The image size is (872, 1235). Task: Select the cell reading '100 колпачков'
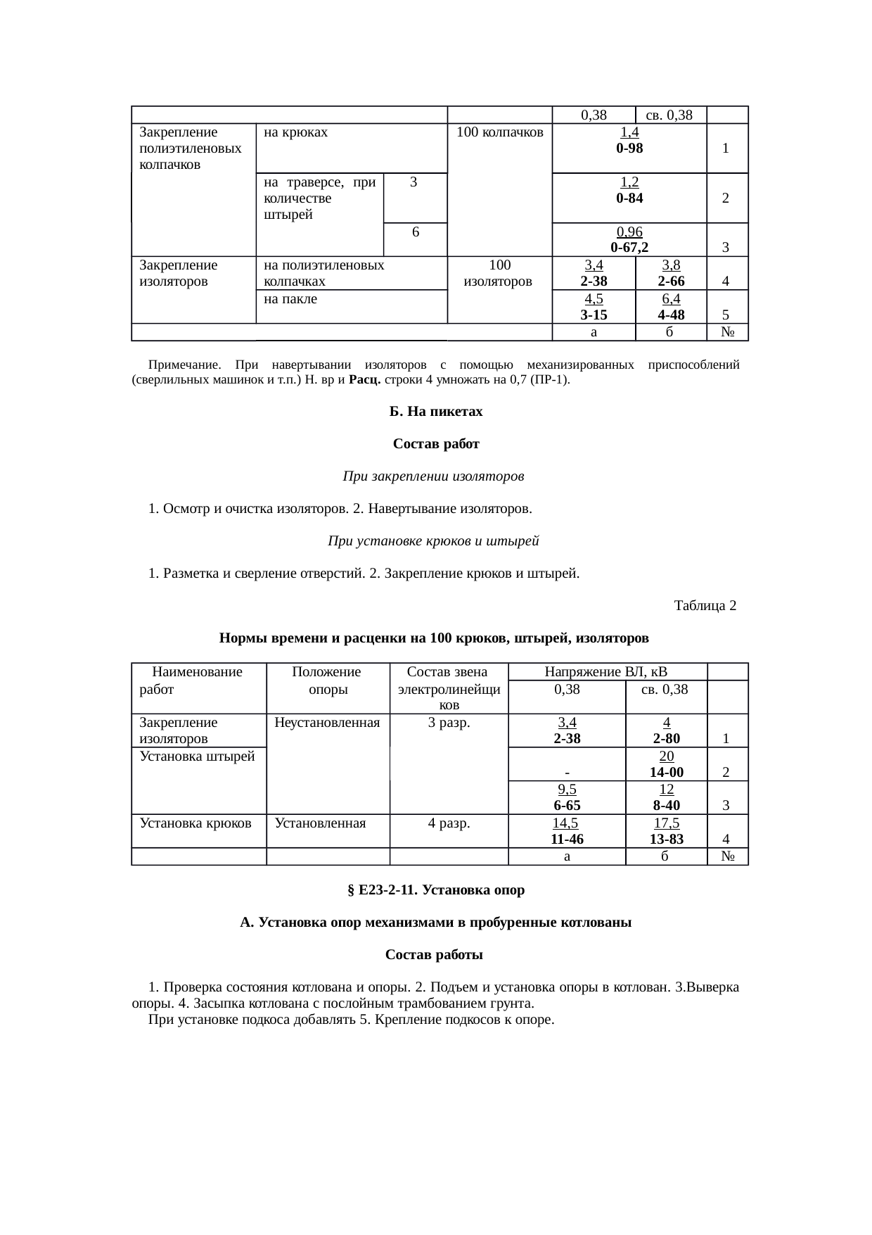coord(500,132)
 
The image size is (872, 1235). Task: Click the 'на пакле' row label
coord(290,299)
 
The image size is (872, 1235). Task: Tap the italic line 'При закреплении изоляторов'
coord(433,476)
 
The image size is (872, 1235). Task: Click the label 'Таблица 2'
coord(705,605)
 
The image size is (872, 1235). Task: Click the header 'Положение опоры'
coord(328,680)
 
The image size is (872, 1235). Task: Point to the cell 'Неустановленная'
coord(327,722)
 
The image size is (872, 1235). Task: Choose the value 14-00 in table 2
coord(666,772)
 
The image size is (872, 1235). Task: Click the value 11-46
coord(567,839)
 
